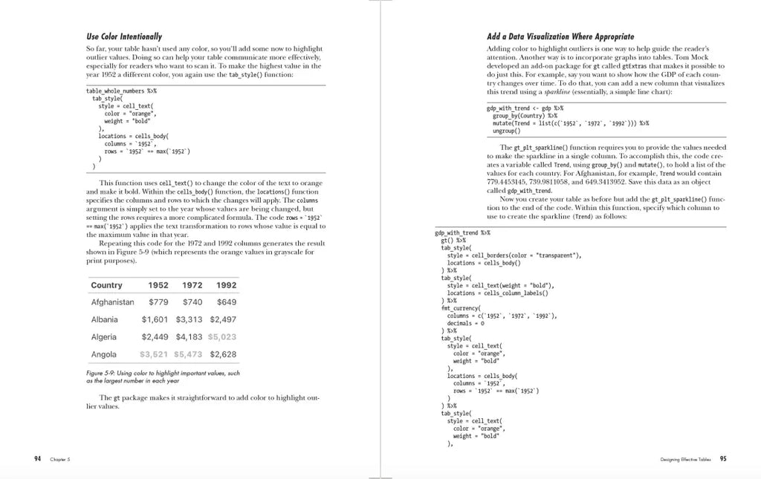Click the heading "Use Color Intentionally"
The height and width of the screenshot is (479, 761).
click(x=124, y=36)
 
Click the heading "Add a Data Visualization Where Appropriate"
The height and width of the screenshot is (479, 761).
click(x=560, y=36)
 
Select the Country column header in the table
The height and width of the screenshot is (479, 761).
click(x=106, y=285)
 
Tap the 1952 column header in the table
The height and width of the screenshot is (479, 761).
click(x=158, y=285)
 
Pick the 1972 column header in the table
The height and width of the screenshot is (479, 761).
click(x=192, y=285)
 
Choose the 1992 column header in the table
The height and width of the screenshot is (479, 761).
click(x=226, y=285)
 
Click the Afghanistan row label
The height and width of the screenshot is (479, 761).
click(x=112, y=302)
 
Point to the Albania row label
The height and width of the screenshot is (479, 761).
click(x=104, y=319)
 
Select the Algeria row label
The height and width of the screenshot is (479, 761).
click(x=104, y=337)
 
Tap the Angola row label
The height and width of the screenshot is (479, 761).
click(x=103, y=354)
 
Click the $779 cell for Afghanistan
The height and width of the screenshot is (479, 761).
click(x=159, y=302)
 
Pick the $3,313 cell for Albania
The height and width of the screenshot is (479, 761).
click(x=190, y=319)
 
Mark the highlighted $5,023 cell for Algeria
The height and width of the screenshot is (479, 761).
click(x=223, y=337)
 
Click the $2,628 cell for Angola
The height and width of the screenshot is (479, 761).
click(x=223, y=354)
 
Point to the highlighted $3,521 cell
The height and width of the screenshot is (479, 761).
click(x=155, y=354)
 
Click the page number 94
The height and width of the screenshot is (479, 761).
click(x=38, y=458)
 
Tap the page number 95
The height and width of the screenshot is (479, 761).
click(x=723, y=458)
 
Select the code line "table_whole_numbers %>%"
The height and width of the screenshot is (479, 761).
click(x=121, y=91)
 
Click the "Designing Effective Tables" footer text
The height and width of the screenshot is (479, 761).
click(x=684, y=459)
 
